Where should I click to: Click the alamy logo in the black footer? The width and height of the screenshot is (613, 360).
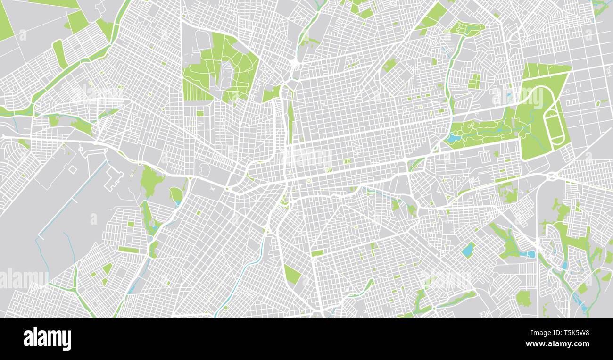click(47, 339)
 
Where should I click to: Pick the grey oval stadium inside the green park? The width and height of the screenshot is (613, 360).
click(228, 75)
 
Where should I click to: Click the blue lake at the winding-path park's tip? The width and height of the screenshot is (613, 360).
click(454, 139)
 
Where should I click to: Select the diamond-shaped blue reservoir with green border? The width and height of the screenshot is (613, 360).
click(468, 249)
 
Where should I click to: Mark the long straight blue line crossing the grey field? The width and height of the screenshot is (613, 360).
click(71, 198)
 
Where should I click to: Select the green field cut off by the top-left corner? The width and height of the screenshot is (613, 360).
click(6, 24)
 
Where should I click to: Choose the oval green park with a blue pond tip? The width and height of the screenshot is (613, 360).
click(176, 194)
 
